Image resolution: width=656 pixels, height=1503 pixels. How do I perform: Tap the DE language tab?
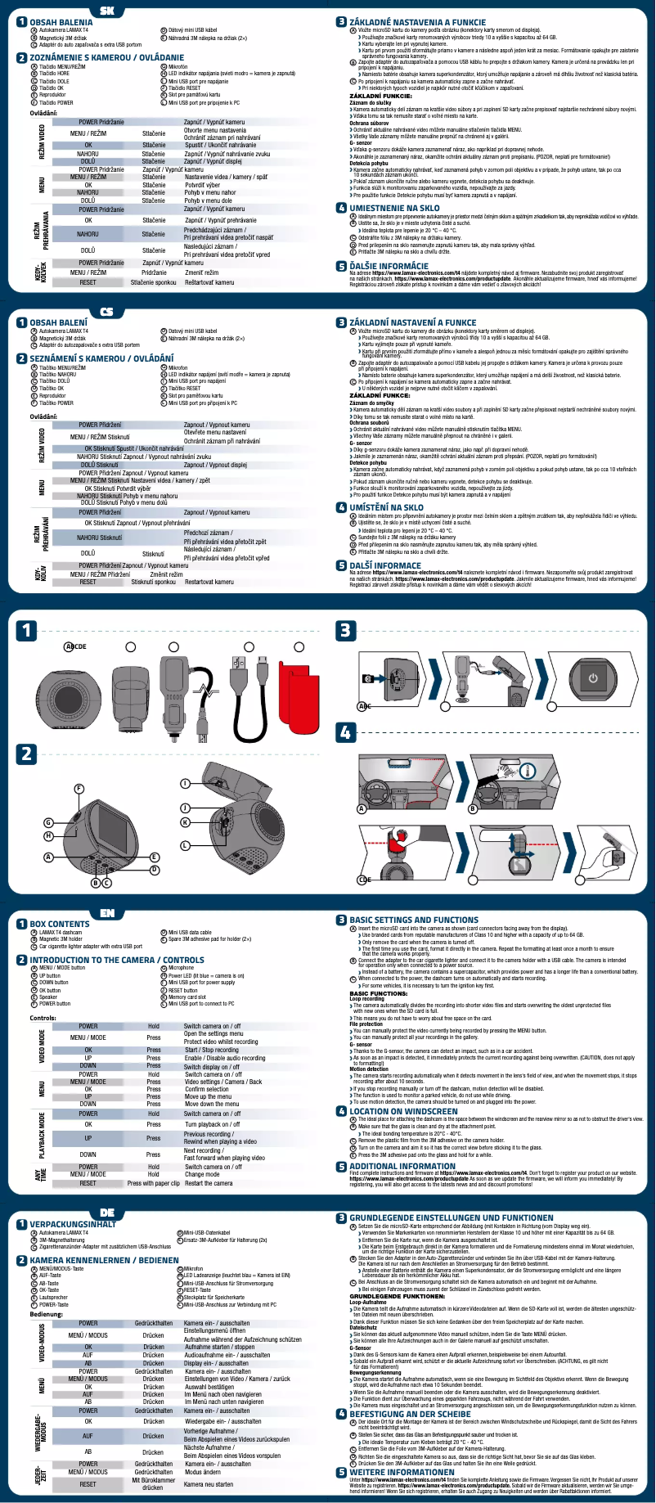[x=107, y=1211]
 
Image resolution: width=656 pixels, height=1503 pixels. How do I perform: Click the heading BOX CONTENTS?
[x=60, y=924]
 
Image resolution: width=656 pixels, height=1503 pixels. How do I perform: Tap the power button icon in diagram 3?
[x=593, y=677]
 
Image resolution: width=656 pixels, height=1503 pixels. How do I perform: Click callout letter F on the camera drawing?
[x=79, y=788]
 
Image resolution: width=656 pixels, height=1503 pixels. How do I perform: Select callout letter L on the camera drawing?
[x=186, y=844]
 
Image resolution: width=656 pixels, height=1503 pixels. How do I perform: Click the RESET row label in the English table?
[x=88, y=1183]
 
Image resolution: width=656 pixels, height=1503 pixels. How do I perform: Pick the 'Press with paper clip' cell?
[x=153, y=1183]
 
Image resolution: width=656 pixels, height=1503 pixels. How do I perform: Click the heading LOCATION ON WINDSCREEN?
[x=403, y=1111]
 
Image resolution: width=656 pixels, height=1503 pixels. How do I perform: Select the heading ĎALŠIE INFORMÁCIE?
[x=389, y=266]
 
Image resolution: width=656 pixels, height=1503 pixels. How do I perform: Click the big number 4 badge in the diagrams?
[x=346, y=732]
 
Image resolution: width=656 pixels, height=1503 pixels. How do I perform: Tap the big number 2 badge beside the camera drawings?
[x=27, y=754]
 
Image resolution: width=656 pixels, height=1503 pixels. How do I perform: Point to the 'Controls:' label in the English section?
[x=43, y=1018]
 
